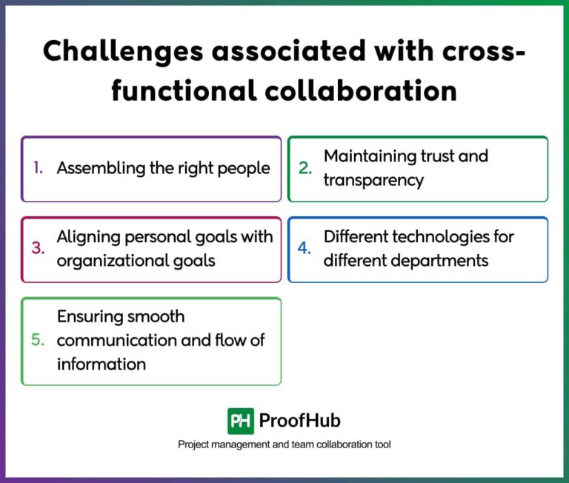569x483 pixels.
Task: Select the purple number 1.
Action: [x=38, y=168]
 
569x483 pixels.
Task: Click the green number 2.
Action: [x=305, y=168]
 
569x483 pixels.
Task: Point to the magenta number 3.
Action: [x=38, y=249]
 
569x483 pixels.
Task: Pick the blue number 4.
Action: [x=305, y=249]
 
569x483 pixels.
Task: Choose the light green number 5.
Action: [x=38, y=341]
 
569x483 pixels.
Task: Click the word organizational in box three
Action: [x=110, y=261]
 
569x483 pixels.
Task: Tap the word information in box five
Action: [x=102, y=364]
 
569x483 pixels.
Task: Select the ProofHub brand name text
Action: [x=299, y=421]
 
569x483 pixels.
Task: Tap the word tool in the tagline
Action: [x=382, y=444]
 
